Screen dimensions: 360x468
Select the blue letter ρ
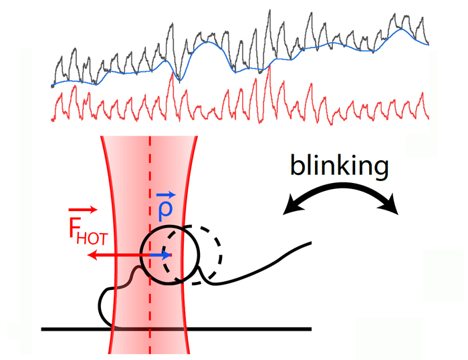coord(166,209)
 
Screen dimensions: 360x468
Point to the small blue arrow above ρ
coord(166,194)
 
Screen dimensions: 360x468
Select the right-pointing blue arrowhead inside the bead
coord(168,255)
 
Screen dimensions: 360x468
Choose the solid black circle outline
coord(142,254)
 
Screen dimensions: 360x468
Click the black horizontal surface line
coord(267,329)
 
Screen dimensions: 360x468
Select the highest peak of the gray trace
coord(269,11)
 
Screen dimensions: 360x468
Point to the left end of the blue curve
coord(53,85)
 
